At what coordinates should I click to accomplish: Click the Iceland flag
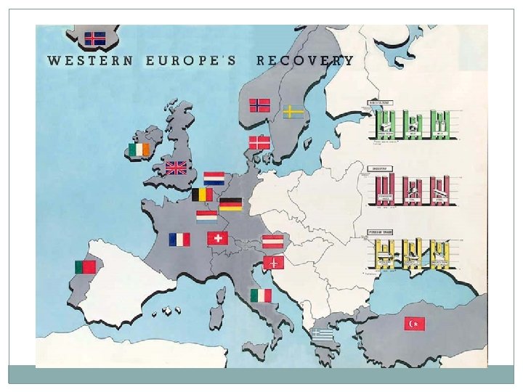94,38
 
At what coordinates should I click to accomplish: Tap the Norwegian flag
260,105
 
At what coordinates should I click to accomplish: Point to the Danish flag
259,142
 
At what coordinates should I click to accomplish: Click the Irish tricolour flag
140,149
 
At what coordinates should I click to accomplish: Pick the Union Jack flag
176,168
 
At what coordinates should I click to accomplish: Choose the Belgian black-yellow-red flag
203,195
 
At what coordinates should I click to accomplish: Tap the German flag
231,204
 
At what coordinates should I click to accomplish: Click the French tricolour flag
179,239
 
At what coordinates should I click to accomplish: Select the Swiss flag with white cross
217,238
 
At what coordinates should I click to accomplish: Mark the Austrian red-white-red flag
273,241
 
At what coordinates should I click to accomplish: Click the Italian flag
261,295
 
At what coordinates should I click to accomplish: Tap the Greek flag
323,334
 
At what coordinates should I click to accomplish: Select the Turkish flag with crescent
415,322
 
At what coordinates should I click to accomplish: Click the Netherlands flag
214,179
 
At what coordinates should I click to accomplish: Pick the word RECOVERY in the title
305,60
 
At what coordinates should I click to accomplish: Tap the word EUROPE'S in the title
191,60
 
